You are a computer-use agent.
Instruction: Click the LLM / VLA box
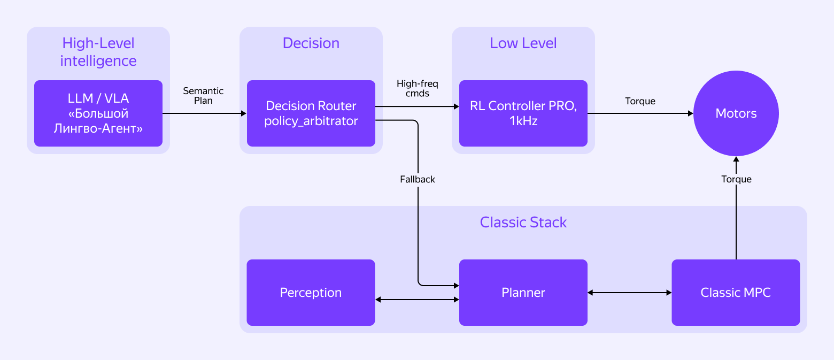click(98, 113)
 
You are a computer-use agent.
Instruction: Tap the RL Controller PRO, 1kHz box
click(523, 113)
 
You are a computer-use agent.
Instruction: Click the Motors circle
click(736, 113)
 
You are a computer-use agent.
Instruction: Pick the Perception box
click(311, 293)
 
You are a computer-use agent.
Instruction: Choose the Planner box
click(523, 293)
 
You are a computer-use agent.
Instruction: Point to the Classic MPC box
click(736, 293)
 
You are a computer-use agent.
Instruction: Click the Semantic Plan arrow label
click(203, 96)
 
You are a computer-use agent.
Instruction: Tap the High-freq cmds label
click(417, 89)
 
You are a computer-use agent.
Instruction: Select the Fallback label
click(418, 179)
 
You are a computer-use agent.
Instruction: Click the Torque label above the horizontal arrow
click(640, 101)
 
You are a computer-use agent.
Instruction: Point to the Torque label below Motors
click(736, 179)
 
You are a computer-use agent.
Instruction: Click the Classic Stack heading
click(523, 223)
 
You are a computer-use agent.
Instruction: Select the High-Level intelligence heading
click(98, 52)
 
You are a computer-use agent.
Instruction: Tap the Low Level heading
click(523, 43)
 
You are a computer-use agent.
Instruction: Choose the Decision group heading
click(311, 43)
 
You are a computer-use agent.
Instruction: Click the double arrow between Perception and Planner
click(417, 300)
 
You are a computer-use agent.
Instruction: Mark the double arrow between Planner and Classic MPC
click(629, 293)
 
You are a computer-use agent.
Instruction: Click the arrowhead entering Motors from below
click(736, 159)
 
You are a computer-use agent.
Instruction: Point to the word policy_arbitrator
click(311, 121)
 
